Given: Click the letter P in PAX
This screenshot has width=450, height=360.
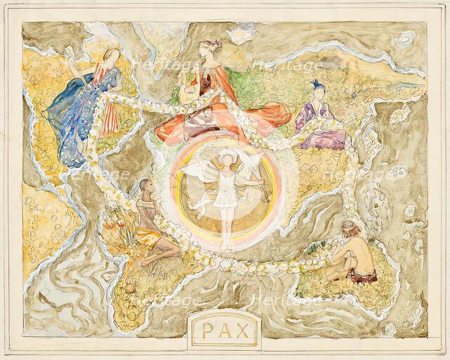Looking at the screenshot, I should (205, 330).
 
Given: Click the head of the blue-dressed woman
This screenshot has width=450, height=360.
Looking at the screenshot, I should (112, 57).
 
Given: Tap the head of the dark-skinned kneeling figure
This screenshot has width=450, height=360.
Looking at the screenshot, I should (145, 186).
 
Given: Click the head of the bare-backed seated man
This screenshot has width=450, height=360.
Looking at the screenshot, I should (348, 226).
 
